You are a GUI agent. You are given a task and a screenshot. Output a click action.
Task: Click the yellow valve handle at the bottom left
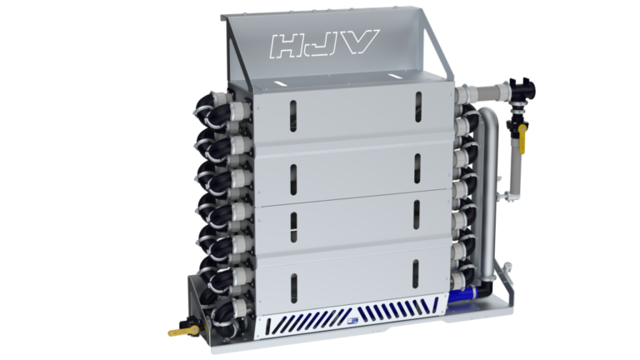[x=181, y=332]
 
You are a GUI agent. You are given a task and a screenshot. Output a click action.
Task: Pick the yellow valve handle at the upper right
[x=523, y=138]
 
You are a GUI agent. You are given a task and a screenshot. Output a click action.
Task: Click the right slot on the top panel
[x=417, y=106]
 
